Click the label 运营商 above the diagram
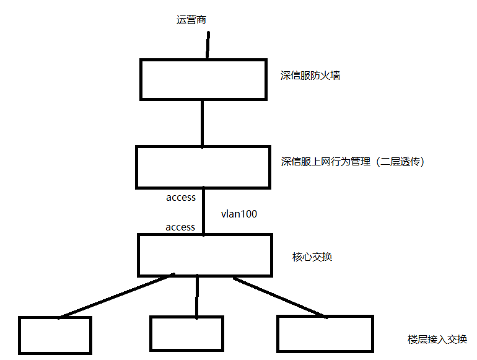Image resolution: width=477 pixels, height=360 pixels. [191, 20]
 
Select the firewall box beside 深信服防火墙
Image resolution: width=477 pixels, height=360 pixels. [204, 79]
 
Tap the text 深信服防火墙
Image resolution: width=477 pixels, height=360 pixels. [310, 76]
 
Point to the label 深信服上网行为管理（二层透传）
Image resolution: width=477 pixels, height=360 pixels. [352, 162]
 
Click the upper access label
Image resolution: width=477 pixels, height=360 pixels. [181, 198]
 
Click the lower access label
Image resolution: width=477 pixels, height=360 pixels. [180, 227]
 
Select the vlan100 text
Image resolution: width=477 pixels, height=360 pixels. [239, 214]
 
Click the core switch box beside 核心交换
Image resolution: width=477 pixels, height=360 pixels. [204, 255]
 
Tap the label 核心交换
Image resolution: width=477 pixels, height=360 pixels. [312, 257]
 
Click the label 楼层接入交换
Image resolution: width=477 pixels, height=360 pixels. [437, 340]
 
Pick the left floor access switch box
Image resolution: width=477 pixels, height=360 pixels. [55, 335]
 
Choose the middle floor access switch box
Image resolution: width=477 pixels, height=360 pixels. [187, 335]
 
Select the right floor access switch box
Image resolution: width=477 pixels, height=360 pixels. [325, 334]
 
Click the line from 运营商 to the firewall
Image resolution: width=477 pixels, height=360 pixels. [208, 45]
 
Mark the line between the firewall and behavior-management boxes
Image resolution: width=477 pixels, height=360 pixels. [203, 123]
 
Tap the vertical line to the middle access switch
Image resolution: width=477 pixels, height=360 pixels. [197, 297]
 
